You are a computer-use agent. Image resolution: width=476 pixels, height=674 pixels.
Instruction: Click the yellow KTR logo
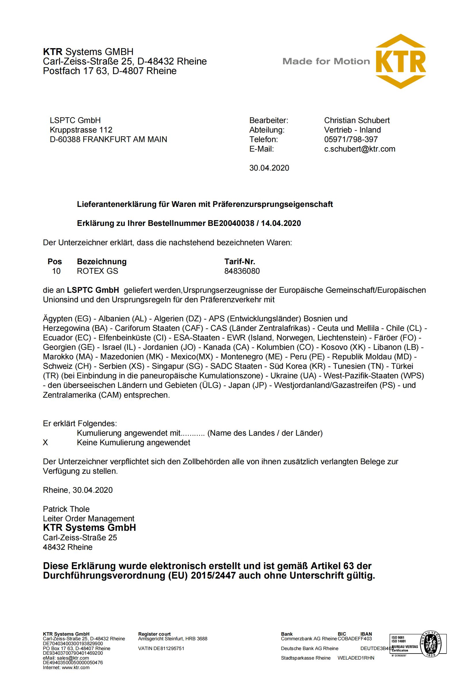tap(401, 61)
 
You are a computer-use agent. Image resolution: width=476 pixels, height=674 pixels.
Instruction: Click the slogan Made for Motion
tap(326, 61)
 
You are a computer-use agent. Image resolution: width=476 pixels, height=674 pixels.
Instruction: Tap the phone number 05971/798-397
tap(351, 139)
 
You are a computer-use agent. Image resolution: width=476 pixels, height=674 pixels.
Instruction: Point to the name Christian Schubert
tap(356, 120)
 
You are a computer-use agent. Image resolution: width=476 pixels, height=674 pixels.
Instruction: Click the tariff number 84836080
tap(242, 271)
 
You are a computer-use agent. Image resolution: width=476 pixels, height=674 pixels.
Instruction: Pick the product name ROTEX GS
tap(97, 271)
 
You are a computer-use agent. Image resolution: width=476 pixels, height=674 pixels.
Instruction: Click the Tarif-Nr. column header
tap(240, 261)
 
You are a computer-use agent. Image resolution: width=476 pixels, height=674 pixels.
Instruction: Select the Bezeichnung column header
tap(101, 261)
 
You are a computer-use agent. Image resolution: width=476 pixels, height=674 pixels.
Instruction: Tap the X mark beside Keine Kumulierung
tap(45, 442)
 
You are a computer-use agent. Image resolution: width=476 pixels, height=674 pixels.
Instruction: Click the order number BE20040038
tap(231, 223)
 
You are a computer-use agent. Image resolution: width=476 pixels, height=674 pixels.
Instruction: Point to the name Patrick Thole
tap(66, 509)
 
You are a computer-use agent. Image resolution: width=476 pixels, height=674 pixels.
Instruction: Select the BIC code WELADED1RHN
tap(356, 658)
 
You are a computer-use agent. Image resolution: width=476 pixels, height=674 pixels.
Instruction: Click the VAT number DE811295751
tap(169, 648)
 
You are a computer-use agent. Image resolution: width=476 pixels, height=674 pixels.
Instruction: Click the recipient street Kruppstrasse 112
tap(81, 130)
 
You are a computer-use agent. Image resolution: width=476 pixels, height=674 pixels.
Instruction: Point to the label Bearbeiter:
tap(269, 120)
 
